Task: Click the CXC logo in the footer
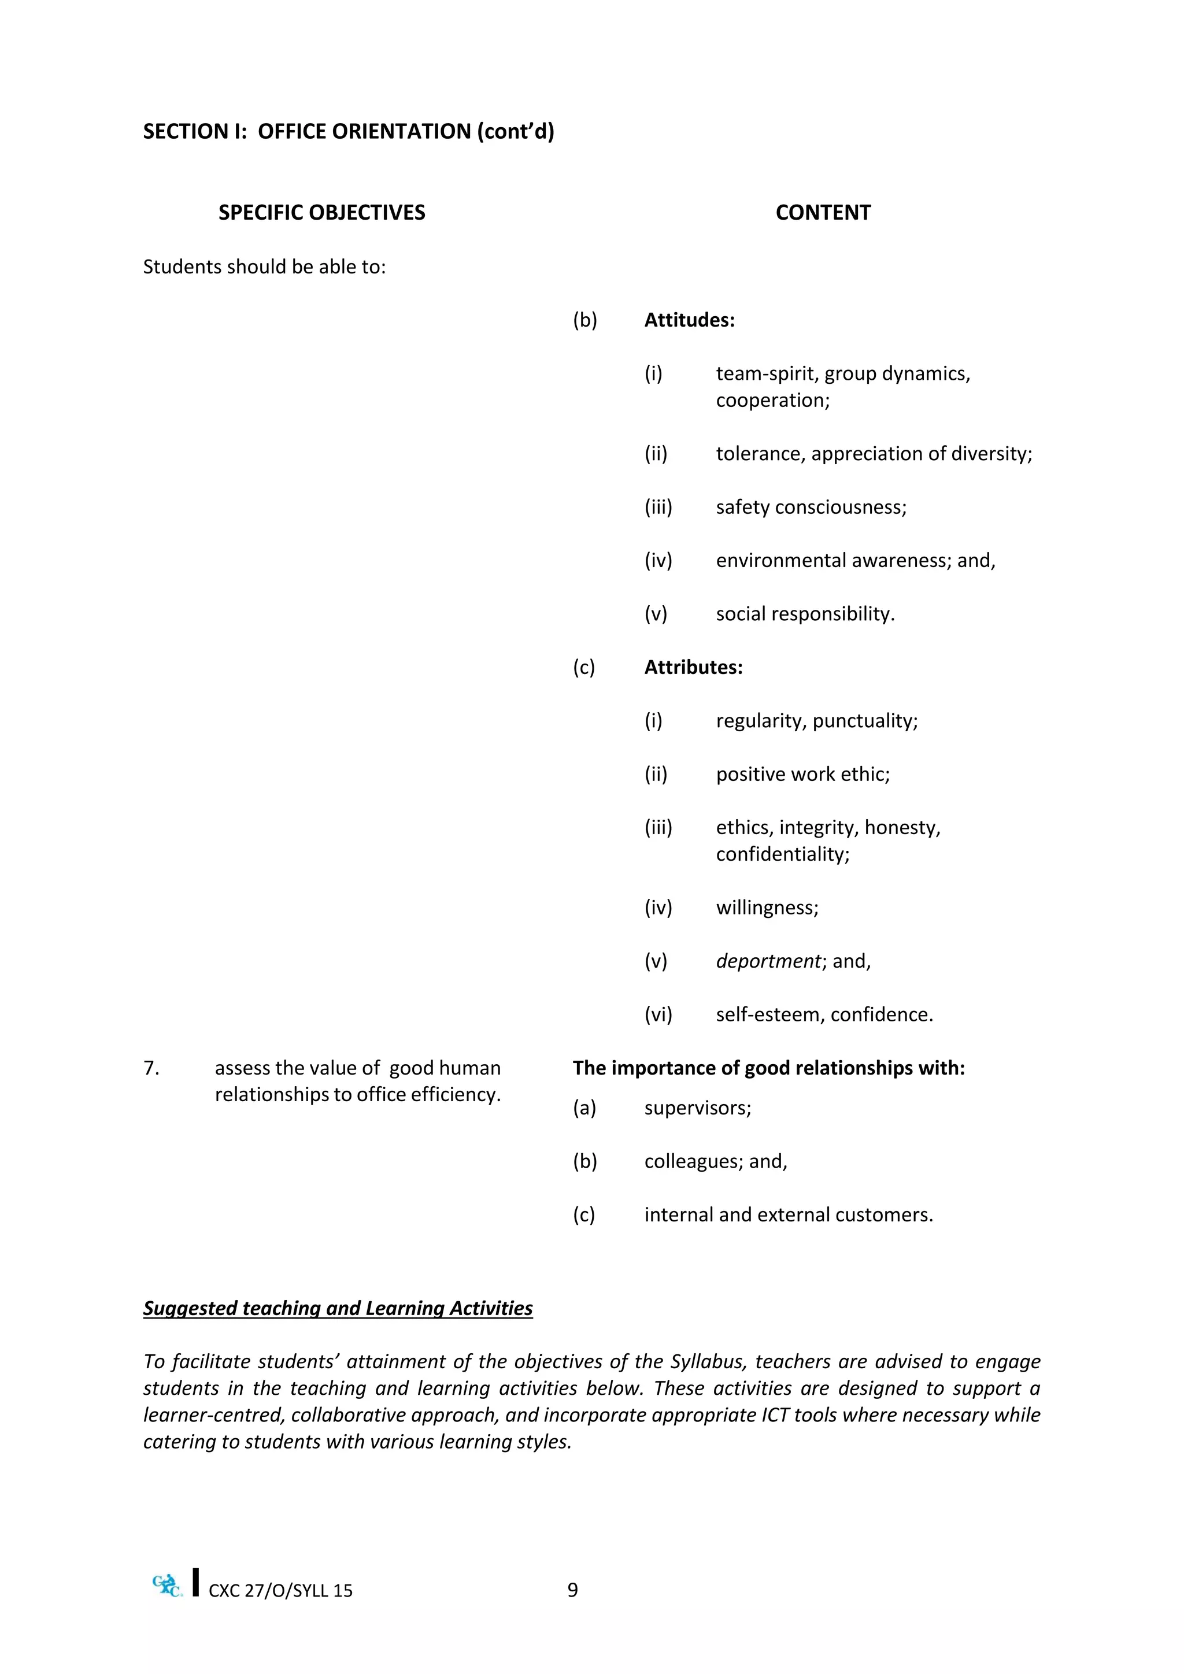(x=167, y=1586)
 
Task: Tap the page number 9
(x=572, y=1590)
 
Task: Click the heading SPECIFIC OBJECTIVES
(x=321, y=212)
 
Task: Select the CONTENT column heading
(x=823, y=212)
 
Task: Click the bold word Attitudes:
(x=689, y=320)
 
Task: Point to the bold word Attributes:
(x=693, y=667)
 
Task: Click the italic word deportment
(x=768, y=961)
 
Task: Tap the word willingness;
(x=767, y=908)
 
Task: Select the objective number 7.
(x=151, y=1068)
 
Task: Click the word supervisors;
(x=697, y=1108)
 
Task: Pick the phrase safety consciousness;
(x=811, y=507)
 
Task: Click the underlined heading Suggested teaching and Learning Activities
(x=338, y=1308)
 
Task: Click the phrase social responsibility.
(x=805, y=614)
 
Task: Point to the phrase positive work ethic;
(x=802, y=775)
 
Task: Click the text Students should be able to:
(x=264, y=267)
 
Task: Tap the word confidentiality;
(x=782, y=854)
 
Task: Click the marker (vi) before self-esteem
(x=657, y=1015)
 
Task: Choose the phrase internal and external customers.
(x=788, y=1214)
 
